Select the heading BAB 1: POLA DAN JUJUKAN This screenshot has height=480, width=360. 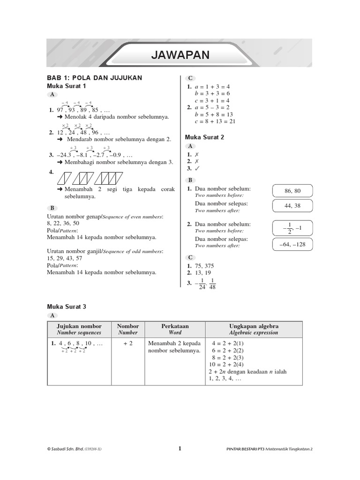[x=94, y=78]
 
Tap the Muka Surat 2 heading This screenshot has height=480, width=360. [x=205, y=137]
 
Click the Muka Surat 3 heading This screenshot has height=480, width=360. [x=67, y=307]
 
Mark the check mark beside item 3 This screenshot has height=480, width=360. [x=197, y=168]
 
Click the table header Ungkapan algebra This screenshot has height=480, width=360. [x=253, y=326]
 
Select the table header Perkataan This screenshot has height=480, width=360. [x=174, y=326]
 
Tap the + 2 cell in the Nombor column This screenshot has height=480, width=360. [x=128, y=343]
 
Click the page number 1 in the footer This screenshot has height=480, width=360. [x=180, y=448]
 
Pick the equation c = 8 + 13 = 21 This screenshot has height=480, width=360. [x=215, y=121]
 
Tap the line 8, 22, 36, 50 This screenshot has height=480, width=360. [x=63, y=224]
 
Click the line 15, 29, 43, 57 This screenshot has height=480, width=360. [x=65, y=258]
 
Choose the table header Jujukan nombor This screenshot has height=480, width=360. [x=79, y=326]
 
